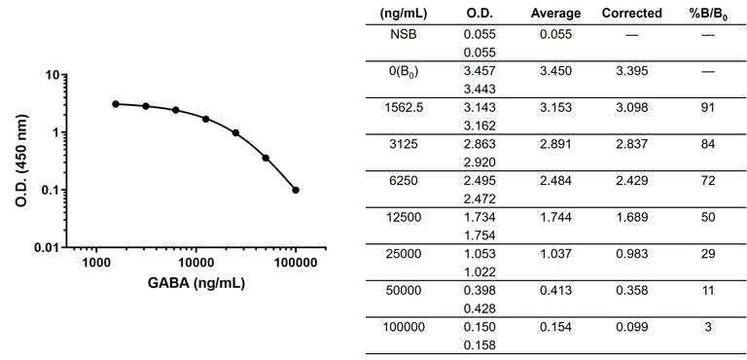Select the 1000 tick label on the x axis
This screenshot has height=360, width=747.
click(x=95, y=263)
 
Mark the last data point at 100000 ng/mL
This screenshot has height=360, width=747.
click(x=296, y=190)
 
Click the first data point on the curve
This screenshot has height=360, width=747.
click(x=116, y=103)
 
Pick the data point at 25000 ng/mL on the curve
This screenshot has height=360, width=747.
click(x=236, y=132)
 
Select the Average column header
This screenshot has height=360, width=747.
click(x=556, y=14)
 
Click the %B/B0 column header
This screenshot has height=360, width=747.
click(x=708, y=14)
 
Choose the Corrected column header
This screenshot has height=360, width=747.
click(x=632, y=14)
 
